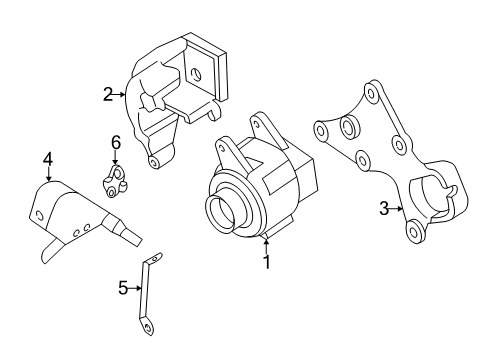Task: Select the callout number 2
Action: tap(108, 95)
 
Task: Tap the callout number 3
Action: tap(383, 209)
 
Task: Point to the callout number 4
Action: tap(46, 158)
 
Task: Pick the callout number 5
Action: tap(123, 289)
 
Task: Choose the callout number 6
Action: tap(115, 143)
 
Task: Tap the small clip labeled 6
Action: tap(115, 179)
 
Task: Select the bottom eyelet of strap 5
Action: tap(146, 325)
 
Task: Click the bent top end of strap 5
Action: tap(154, 260)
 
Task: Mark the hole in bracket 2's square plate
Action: tap(198, 71)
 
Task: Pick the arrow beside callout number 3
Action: tap(397, 209)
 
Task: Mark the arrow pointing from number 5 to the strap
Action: tap(137, 289)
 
